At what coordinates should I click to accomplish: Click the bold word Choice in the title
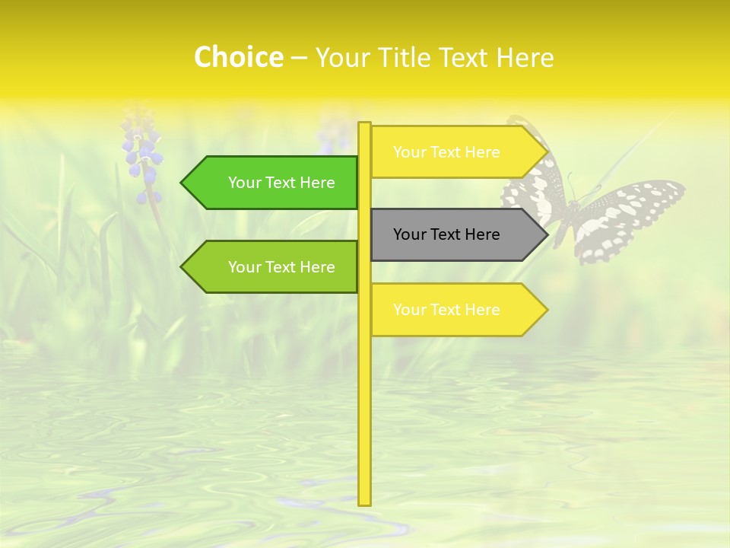click(238, 57)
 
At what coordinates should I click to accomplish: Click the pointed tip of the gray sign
click(546, 234)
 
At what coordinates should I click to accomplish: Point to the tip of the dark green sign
click(182, 183)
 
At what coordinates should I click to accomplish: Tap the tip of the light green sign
click(182, 267)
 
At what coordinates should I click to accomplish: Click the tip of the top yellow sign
click(546, 152)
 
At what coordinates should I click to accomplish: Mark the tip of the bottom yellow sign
click(546, 310)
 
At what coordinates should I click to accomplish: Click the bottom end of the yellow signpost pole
click(365, 502)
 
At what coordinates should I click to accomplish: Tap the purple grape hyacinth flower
click(143, 156)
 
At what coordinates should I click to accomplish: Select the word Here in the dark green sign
click(317, 183)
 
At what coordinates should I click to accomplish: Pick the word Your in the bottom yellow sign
click(409, 310)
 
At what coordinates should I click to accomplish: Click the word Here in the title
click(525, 58)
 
